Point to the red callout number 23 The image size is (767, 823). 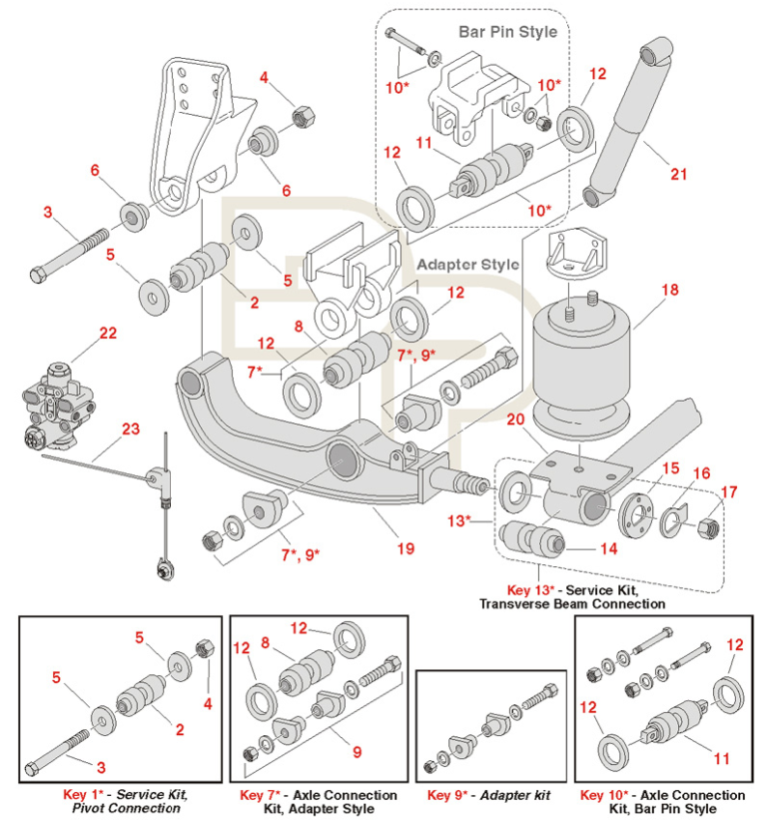pyautogui.click(x=131, y=430)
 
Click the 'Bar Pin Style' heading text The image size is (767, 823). pyautogui.click(x=507, y=31)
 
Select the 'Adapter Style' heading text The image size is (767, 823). pyautogui.click(x=467, y=265)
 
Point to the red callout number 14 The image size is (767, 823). pyautogui.click(x=608, y=548)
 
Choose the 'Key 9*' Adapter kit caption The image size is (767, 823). pyautogui.click(x=488, y=795)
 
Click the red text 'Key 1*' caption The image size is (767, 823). pyautogui.click(x=89, y=795)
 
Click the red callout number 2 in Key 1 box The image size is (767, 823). pyautogui.click(x=180, y=729)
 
